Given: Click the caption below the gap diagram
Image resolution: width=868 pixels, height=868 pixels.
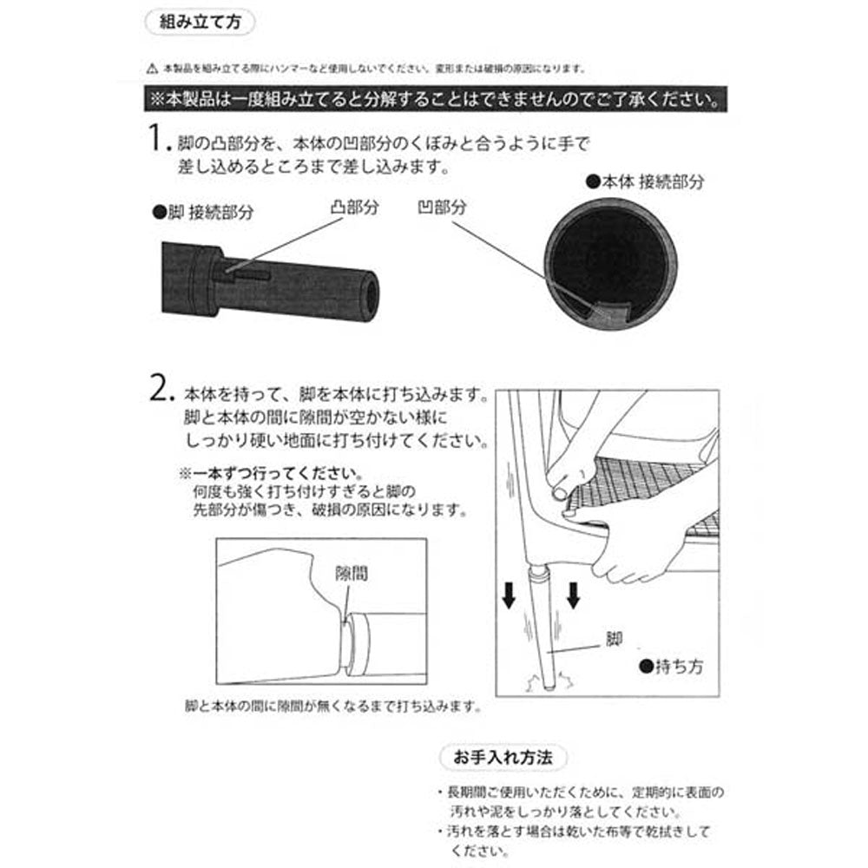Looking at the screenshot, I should (x=332, y=707).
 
